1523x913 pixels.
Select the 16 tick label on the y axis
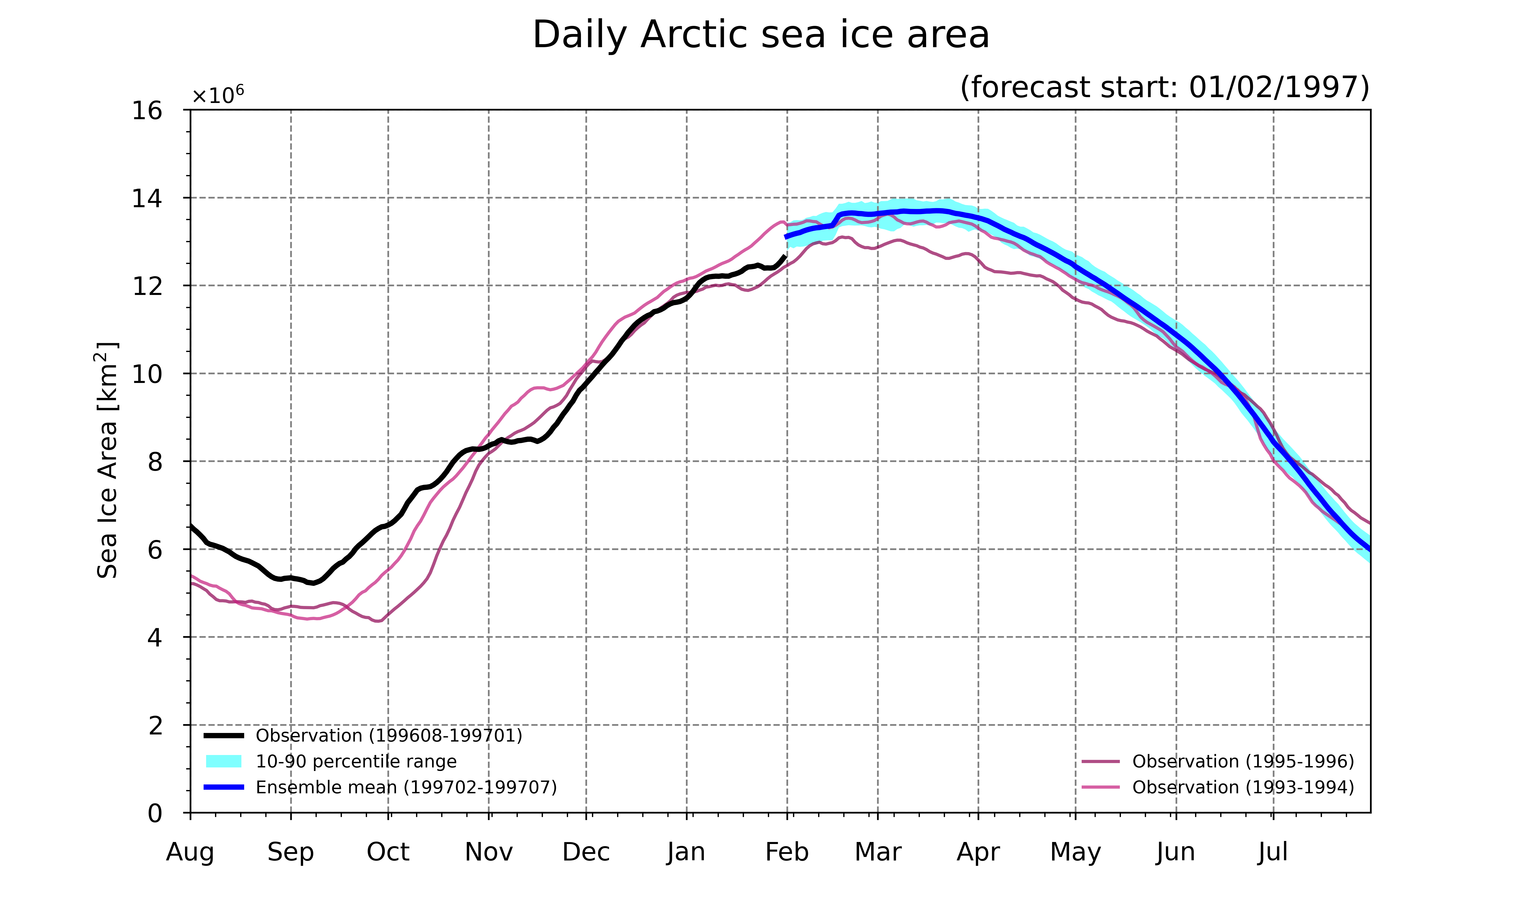point(147,111)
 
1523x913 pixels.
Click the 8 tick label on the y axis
point(155,461)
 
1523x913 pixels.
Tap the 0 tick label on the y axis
point(155,813)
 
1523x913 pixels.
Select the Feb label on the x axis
point(787,852)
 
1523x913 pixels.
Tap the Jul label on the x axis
point(1273,852)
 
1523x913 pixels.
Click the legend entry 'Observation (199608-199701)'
point(363,736)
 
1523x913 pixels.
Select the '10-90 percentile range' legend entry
point(331,762)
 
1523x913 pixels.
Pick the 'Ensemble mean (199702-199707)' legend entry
point(380,787)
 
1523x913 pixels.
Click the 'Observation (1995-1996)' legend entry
point(1218,762)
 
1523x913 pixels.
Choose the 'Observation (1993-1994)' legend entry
point(1218,787)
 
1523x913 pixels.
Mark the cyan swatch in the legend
point(223,762)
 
